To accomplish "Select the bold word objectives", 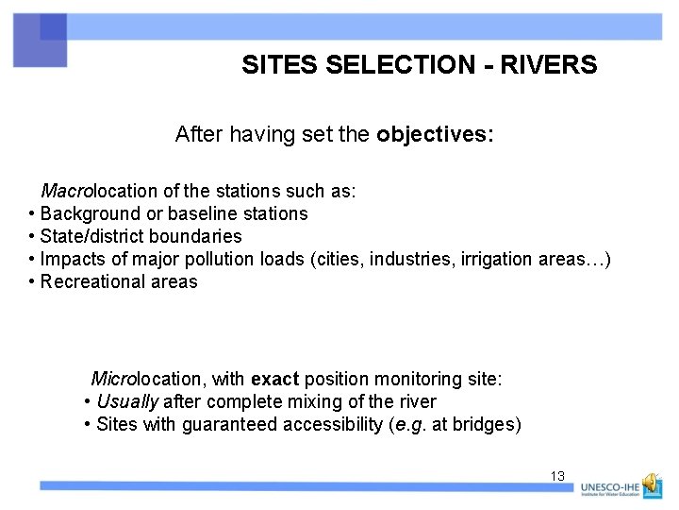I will [x=434, y=135].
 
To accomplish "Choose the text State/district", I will [x=91, y=237].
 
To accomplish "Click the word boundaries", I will [x=195, y=237].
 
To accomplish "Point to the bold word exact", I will [x=274, y=380].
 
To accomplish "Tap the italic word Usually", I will [x=127, y=402].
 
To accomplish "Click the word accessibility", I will [x=336, y=425].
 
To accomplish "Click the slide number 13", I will [x=557, y=476].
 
